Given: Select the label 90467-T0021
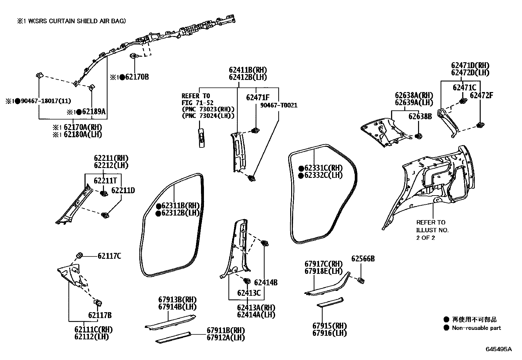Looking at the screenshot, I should click(279, 105).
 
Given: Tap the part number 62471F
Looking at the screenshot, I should click(258, 97).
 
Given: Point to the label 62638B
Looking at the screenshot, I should click(420, 117).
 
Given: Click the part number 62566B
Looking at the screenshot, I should click(363, 259).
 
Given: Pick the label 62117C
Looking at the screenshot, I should click(109, 256).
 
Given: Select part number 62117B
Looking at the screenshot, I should click(100, 315).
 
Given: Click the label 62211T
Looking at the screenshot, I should click(105, 181).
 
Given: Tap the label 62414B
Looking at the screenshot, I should click(266, 282).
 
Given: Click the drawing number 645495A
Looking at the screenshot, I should click(498, 349).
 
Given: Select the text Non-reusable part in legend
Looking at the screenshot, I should click(476, 328).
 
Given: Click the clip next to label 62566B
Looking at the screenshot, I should click(361, 280).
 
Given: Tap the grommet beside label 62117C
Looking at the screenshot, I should click(79, 255).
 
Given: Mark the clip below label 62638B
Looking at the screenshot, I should click(419, 136).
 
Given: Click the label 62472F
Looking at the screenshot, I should click(482, 95).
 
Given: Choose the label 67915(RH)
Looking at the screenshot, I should click(330, 326).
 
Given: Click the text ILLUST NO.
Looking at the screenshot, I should click(432, 230).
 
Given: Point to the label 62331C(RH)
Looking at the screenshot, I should click(323, 168).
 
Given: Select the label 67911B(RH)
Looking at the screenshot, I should click(226, 330).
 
